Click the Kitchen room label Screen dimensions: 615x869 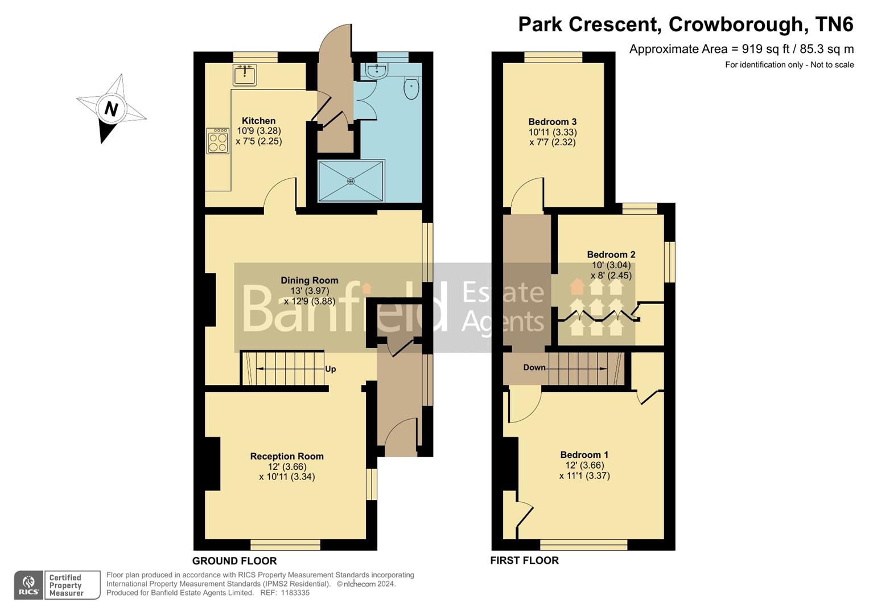258,121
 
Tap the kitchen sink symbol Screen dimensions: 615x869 245,75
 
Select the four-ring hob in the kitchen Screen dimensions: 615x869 217,141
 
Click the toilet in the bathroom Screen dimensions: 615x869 411,89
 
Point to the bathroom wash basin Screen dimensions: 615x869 376,71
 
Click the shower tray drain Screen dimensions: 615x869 351,181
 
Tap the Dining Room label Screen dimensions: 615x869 309,280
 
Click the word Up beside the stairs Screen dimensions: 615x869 330,369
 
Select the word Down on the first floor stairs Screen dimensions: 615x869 534,367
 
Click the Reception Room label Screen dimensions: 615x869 287,456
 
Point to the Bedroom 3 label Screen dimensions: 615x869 552,121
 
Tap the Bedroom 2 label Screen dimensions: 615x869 611,255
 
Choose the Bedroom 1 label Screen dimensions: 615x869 584,454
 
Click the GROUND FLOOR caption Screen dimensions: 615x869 234,561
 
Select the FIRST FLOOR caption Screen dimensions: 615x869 524,560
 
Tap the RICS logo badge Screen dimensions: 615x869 28,585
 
